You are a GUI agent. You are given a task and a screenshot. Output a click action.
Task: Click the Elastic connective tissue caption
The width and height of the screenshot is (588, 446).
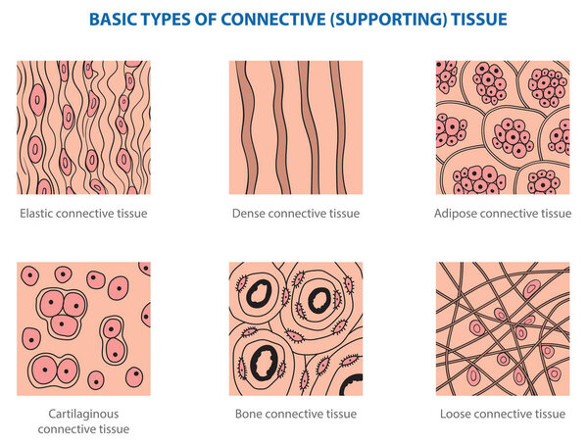(83, 213)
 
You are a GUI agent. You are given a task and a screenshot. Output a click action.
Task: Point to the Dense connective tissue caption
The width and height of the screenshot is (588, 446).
(296, 213)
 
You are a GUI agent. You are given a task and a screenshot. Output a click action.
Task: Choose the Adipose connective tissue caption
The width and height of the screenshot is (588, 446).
(503, 213)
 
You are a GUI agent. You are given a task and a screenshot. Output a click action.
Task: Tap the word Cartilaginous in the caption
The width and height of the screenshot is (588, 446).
(83, 414)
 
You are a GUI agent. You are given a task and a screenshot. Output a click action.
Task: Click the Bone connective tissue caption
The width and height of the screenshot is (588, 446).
(296, 414)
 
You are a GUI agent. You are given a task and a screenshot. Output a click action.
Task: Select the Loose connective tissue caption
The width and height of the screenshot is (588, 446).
(503, 414)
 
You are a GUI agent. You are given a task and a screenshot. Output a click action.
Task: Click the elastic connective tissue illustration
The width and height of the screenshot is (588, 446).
(83, 127)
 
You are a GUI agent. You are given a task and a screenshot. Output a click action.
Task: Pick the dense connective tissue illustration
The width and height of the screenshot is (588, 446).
(296, 127)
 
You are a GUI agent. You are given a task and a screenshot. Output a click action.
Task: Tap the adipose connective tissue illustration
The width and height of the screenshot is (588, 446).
(503, 127)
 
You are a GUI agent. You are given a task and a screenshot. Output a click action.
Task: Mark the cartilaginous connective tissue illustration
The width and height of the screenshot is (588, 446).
(83, 328)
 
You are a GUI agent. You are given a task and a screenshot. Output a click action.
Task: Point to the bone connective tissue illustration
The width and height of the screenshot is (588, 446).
(296, 328)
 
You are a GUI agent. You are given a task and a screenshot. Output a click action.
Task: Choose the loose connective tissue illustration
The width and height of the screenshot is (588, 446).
(503, 328)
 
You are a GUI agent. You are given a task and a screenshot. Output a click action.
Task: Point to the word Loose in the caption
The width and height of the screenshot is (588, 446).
(458, 414)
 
